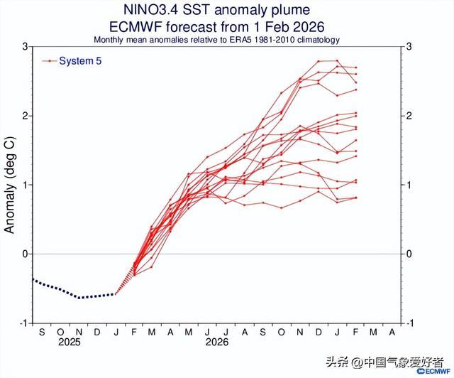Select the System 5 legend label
click(80, 61)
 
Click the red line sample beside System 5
click(50, 61)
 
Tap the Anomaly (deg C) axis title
click(11, 184)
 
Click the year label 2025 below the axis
click(70, 342)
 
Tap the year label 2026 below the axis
click(216, 342)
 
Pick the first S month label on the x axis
click(43, 331)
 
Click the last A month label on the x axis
click(393, 331)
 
